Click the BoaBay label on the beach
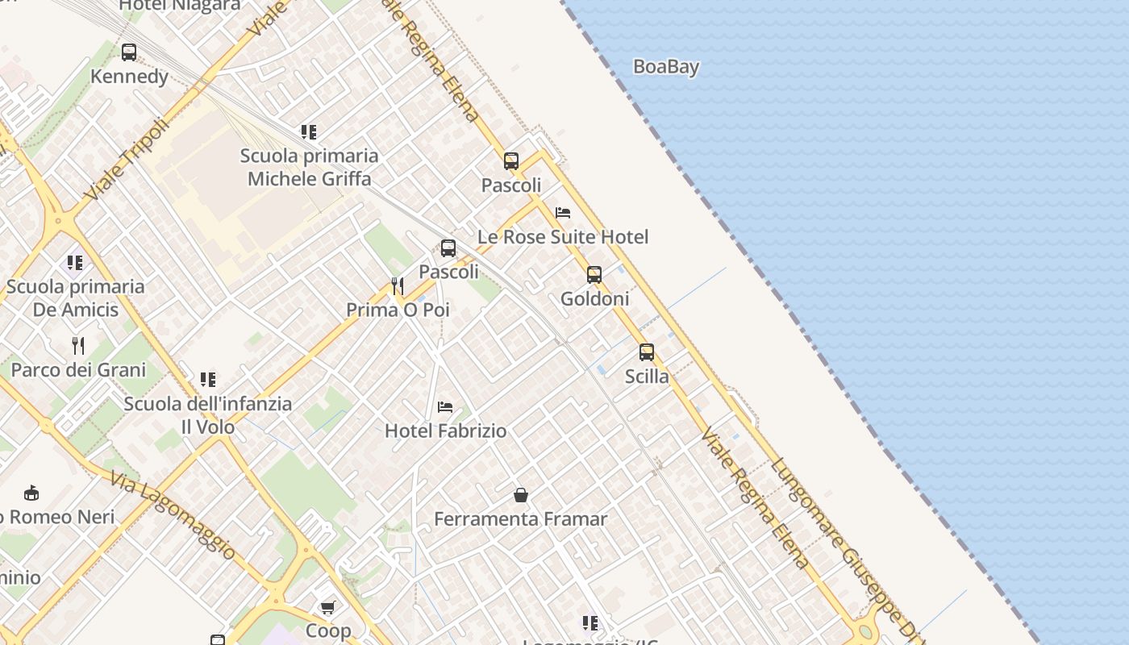click(665, 67)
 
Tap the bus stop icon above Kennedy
click(129, 52)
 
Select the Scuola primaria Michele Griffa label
click(309, 167)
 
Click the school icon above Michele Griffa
click(309, 131)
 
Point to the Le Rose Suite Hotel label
click(563, 237)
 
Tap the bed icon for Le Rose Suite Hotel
click(563, 213)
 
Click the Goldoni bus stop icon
click(594, 275)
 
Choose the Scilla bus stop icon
click(647, 352)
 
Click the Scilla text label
click(647, 377)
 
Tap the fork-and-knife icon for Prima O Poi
click(398, 285)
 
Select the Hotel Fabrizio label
click(445, 431)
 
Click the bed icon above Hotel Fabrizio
click(445, 407)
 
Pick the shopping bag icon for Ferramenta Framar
click(521, 494)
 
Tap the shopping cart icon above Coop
click(327, 607)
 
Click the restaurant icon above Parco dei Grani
click(78, 346)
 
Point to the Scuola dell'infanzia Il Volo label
click(208, 415)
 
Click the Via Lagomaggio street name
click(174, 516)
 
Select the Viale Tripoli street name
click(127, 160)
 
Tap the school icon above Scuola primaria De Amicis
click(75, 262)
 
